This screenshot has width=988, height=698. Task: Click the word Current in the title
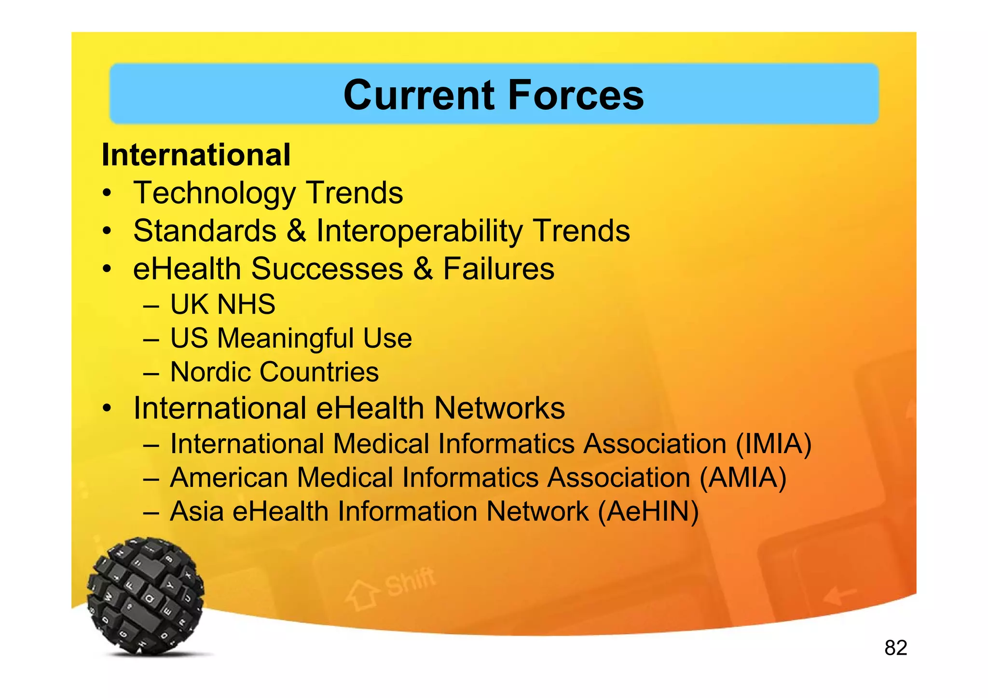419,95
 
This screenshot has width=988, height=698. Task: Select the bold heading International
196,155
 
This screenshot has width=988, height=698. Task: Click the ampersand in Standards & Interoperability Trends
296,230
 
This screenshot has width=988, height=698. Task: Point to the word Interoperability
419,231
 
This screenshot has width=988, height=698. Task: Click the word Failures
498,268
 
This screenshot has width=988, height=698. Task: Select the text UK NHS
222,305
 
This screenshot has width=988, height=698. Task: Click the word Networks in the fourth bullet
499,408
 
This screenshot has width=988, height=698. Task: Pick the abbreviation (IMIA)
773,444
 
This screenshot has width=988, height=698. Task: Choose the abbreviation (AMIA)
743,478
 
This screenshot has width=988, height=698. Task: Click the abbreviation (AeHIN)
648,511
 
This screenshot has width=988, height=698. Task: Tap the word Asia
196,511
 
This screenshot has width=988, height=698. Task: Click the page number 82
895,648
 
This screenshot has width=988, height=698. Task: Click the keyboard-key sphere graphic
145,596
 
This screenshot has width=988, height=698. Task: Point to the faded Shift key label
410,582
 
